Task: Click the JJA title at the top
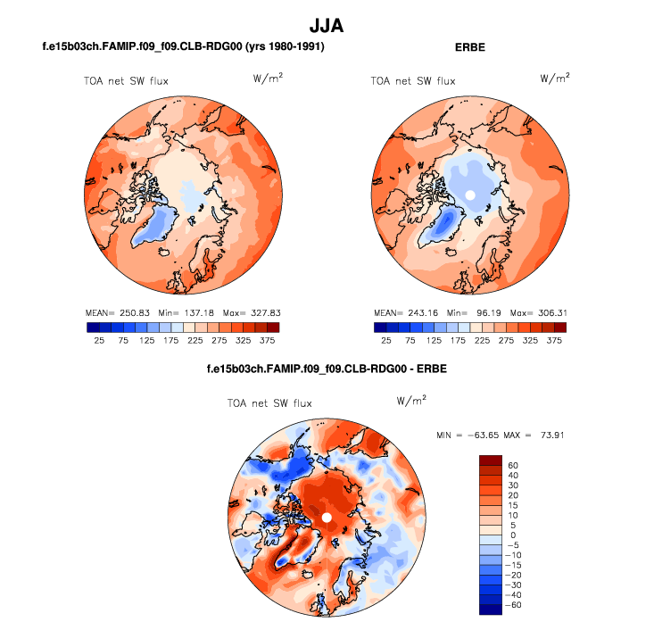327,27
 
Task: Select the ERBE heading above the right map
469,46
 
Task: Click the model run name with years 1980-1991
183,46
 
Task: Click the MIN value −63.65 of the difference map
490,435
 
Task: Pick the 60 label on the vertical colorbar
513,465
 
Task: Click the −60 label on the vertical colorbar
515,604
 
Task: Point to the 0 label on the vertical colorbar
510,535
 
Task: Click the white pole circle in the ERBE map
470,195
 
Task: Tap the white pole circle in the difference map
327,518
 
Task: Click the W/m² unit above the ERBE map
555,79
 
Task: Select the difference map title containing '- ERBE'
327,368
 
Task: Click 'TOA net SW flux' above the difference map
269,403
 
